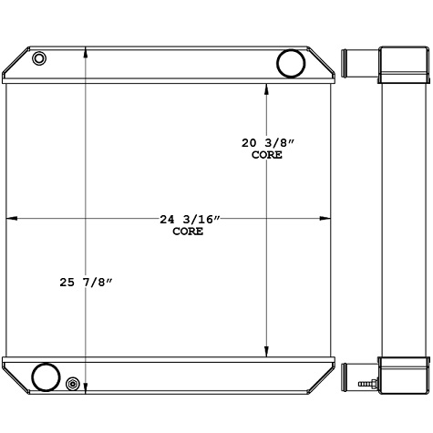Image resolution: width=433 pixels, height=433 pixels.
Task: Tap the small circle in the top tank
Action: [x=39, y=59]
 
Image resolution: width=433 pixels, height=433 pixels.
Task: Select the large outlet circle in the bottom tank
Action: [x=45, y=376]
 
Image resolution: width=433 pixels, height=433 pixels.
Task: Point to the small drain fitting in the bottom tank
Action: [x=73, y=386]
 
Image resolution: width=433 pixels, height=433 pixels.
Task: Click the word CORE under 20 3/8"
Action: [x=266, y=155]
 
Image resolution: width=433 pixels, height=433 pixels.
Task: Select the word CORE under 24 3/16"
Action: [x=188, y=232]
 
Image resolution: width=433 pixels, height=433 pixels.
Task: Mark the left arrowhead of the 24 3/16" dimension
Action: [x=12, y=219]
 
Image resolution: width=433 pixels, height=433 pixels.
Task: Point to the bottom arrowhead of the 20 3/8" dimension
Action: [x=266, y=351]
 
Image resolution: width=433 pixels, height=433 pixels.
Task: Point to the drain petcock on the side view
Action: [x=366, y=387]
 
